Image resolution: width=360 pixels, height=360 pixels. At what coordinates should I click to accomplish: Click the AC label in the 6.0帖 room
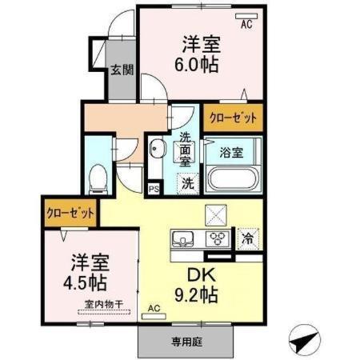coord(246,24)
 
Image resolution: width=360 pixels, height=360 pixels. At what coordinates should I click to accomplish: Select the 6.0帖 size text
coord(201,65)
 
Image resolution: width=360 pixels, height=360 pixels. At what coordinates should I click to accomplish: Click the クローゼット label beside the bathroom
coord(233,118)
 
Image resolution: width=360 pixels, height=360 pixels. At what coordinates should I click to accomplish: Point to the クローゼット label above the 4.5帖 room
coord(70,214)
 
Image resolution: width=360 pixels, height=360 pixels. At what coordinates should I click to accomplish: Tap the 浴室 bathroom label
coord(232,151)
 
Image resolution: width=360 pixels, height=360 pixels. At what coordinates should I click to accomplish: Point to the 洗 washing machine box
coord(187,182)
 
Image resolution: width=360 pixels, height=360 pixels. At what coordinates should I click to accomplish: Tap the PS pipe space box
coord(153,189)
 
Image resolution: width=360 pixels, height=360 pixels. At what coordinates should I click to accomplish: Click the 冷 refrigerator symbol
coord(248,238)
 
